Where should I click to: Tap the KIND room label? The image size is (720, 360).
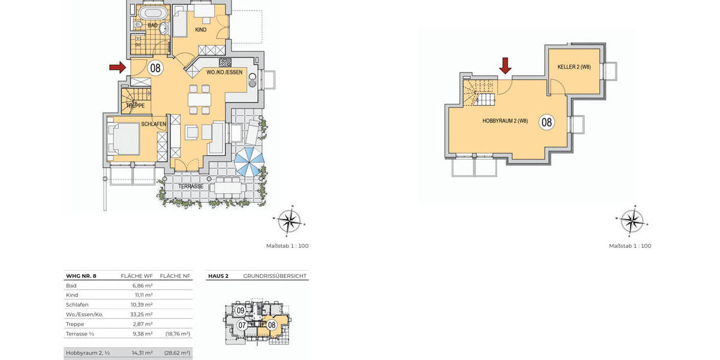[200, 29]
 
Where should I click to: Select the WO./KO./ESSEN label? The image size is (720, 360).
[225, 72]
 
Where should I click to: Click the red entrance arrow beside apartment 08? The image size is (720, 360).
[118, 67]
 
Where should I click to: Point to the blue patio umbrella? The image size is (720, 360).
[249, 162]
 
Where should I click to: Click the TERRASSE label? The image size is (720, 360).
[191, 187]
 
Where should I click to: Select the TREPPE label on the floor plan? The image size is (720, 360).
[135, 106]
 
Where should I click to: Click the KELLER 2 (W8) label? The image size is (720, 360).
[574, 67]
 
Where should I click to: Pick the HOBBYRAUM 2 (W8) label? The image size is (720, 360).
[505, 121]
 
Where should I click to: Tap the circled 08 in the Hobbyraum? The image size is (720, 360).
[547, 122]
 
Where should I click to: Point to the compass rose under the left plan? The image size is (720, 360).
[289, 221]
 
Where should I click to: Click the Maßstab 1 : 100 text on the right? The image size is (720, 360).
[629, 246]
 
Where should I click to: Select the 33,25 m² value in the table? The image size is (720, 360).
[142, 314]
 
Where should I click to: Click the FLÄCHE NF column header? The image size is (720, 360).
[175, 276]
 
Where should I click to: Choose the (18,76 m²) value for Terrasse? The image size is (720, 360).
[178, 334]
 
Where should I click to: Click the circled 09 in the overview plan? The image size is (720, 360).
[240, 311]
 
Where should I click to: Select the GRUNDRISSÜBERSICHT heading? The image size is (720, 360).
[275, 276]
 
